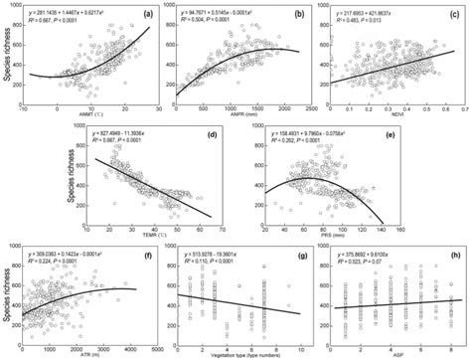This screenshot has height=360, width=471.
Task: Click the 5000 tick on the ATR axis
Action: pos(156,347)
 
